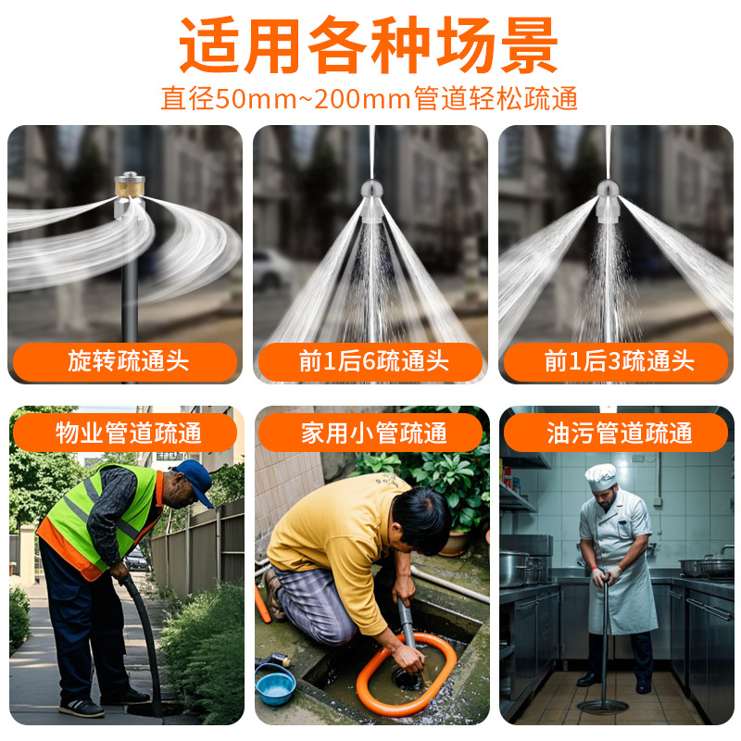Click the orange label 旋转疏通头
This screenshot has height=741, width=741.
click(x=126, y=361)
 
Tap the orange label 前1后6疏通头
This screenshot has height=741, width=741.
click(x=370, y=361)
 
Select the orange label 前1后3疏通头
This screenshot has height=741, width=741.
click(x=616, y=361)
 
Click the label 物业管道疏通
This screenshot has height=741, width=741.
click(x=126, y=433)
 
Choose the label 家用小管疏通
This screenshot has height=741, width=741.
click(x=370, y=433)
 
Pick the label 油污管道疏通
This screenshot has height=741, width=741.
click(x=616, y=433)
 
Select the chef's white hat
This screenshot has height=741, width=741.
click(x=600, y=476)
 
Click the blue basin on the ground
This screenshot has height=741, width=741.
click(x=275, y=684)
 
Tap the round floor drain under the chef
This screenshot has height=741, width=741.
click(x=602, y=707)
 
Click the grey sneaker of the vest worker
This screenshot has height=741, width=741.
click(x=82, y=708)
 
